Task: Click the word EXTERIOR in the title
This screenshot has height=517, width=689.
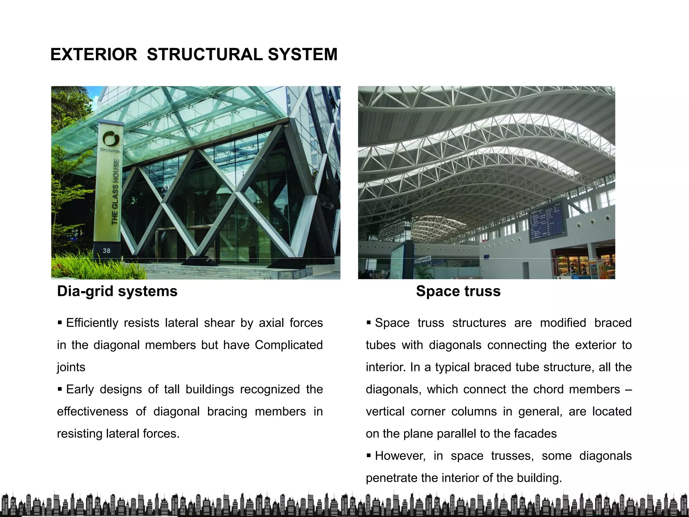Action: click(94, 55)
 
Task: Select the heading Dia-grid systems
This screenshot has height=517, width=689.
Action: click(117, 291)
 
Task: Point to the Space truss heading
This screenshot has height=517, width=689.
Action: click(458, 291)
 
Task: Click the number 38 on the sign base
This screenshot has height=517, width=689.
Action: click(106, 250)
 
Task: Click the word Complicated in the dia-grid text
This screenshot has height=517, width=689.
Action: click(289, 345)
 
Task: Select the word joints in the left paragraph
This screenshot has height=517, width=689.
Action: click(71, 367)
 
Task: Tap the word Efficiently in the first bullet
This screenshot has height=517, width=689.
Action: click(92, 323)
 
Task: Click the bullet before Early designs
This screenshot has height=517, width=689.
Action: click(60, 389)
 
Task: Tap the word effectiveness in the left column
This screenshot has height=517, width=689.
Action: click(92, 411)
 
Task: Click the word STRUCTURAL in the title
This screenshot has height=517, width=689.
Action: click(205, 55)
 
